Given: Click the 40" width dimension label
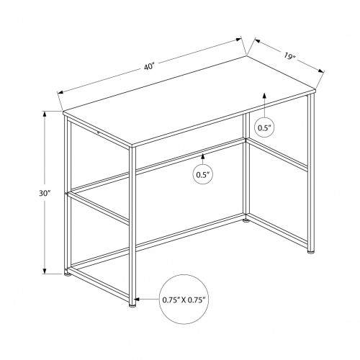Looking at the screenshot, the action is click(x=149, y=66).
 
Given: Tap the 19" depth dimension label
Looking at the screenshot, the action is click(x=289, y=57).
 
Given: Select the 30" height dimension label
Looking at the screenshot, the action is click(x=45, y=193).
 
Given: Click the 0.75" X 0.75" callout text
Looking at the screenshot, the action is click(x=184, y=300).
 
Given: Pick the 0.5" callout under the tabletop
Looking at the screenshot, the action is click(x=264, y=127).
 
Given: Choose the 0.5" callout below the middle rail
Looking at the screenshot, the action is click(x=203, y=174).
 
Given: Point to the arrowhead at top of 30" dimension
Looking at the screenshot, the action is click(x=45, y=114).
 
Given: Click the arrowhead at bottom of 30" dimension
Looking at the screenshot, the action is click(x=45, y=271).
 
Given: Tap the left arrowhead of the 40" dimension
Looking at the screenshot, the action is click(x=60, y=92).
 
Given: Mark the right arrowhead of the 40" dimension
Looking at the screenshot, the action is click(x=238, y=40).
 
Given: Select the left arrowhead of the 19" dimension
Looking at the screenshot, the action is click(x=258, y=41).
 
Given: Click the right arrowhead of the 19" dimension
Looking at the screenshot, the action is click(x=321, y=71).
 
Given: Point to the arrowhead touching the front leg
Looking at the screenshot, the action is click(x=137, y=300).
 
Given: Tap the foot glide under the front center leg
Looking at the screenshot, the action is click(x=132, y=306).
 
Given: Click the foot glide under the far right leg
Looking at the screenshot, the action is click(x=310, y=252).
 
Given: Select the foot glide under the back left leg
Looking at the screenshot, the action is click(x=68, y=275).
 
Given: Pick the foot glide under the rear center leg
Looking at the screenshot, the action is click(x=246, y=220).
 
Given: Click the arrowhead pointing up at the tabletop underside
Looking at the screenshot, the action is click(x=264, y=96).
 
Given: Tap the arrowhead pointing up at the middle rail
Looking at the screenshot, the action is click(x=203, y=156).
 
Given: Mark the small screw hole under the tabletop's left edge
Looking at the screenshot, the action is click(x=98, y=132).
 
